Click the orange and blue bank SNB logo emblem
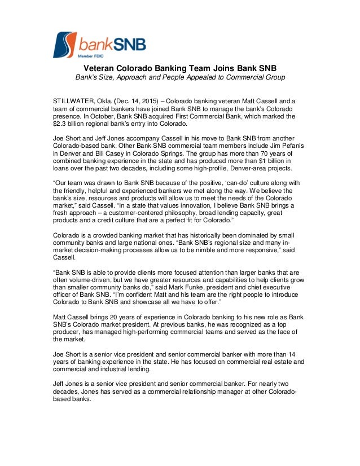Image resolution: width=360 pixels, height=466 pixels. tap(64, 45)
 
